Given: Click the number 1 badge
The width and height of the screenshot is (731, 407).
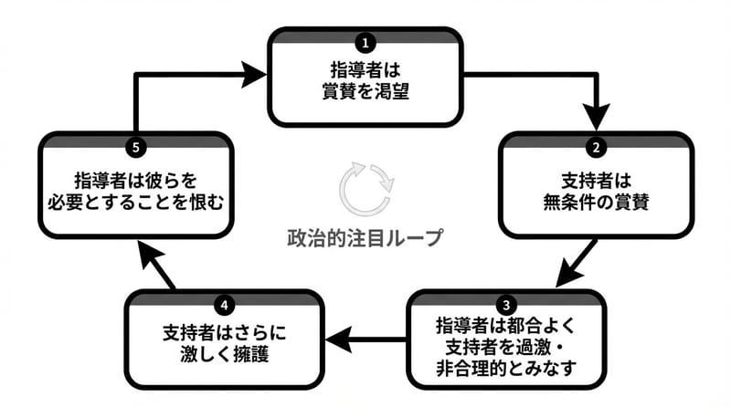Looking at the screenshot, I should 365,42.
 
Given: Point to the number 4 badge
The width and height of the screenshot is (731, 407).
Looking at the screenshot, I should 225,304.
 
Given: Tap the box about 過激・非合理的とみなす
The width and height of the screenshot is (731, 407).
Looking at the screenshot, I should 505,348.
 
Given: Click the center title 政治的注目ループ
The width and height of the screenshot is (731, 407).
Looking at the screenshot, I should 364,239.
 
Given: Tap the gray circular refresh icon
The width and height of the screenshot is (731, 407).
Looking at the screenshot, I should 365,187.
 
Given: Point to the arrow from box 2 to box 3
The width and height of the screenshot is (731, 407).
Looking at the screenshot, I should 576,264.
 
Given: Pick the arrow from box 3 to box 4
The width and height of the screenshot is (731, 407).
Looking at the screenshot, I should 365,339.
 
